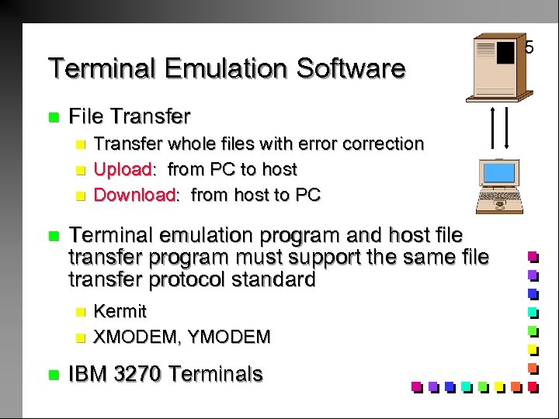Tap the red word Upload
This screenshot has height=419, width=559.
122,168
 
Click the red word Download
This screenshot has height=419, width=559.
134,194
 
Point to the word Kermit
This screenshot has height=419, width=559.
120,311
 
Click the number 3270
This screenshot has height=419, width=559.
137,374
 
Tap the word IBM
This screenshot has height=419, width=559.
88,374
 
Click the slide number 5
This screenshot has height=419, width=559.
529,48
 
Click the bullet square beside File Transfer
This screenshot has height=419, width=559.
54,118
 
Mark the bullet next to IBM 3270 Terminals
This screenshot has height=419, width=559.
54,375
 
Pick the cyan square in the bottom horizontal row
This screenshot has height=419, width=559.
466,384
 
